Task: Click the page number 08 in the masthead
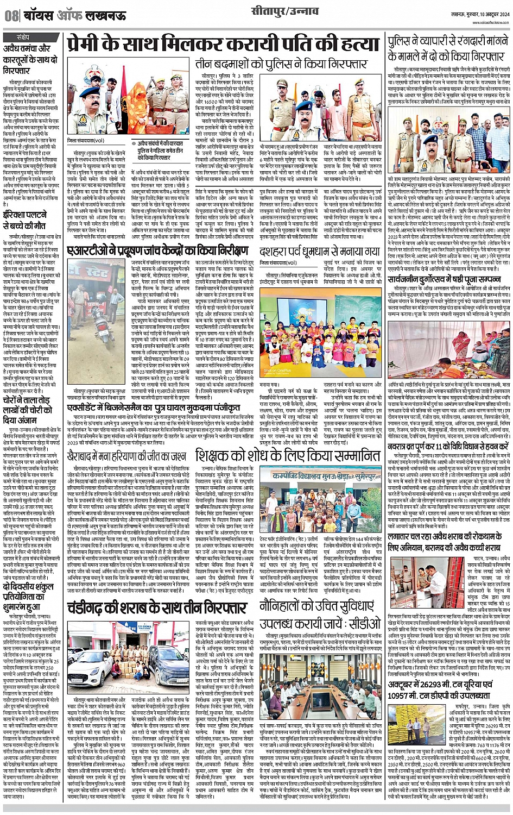pos(11,15)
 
